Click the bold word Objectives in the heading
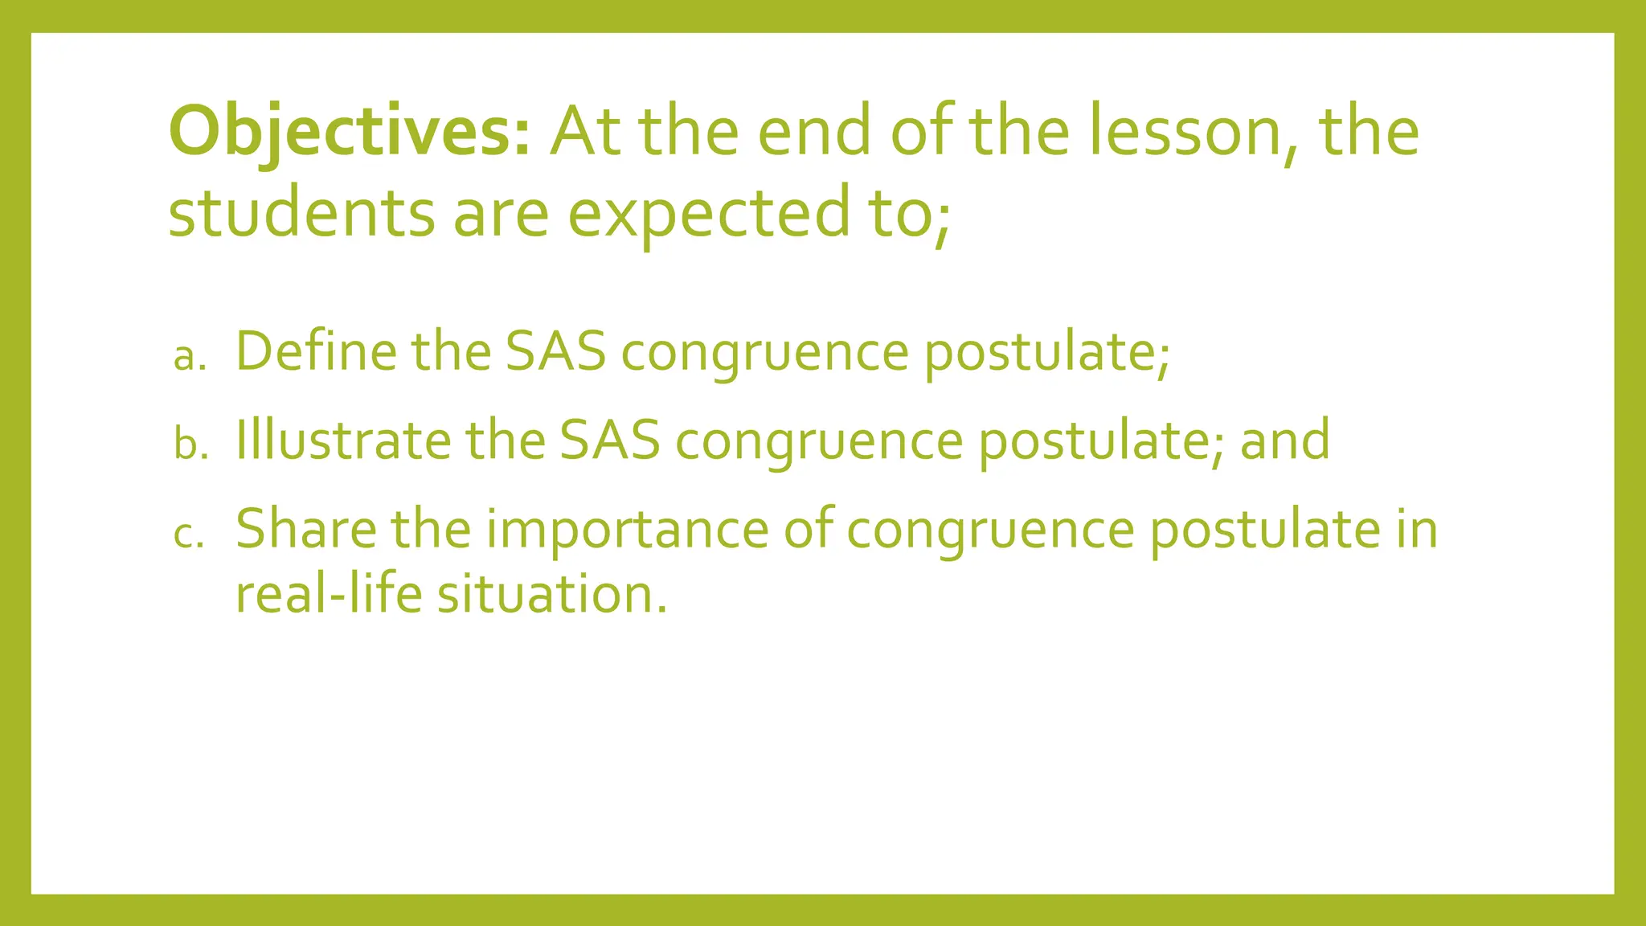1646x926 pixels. tap(349, 132)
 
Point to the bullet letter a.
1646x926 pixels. tap(190, 356)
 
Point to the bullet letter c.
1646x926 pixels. tap(189, 534)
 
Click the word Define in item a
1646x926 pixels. tap(316, 351)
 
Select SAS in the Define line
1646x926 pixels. tap(555, 351)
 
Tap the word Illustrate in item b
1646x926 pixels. tap(343, 440)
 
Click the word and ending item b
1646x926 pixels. tap(1284, 440)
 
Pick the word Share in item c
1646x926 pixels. tap(305, 529)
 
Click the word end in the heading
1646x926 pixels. tap(814, 132)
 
